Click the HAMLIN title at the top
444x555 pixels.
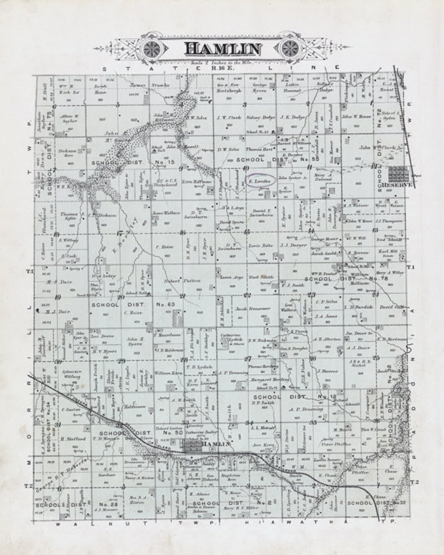click(222, 48)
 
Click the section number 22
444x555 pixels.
click(247, 295)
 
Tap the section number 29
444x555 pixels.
click(122, 361)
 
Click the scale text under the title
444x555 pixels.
click(222, 62)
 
